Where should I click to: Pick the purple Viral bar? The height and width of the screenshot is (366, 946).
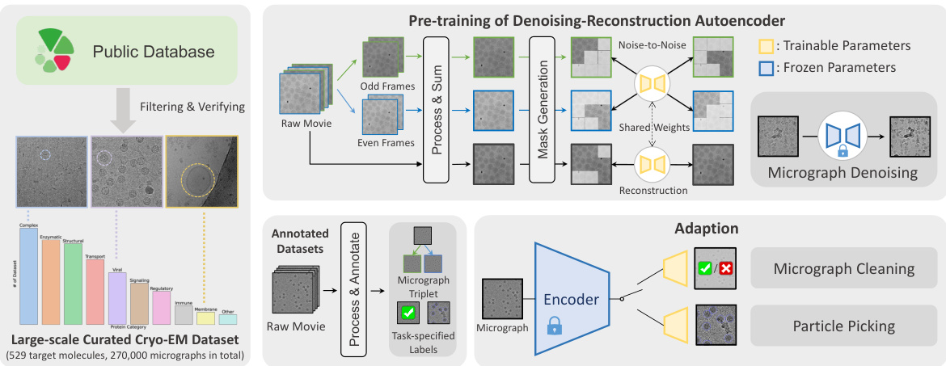[117, 299]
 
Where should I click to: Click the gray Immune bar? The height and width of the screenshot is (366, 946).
[184, 315]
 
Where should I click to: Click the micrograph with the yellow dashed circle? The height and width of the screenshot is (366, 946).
[201, 172]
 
